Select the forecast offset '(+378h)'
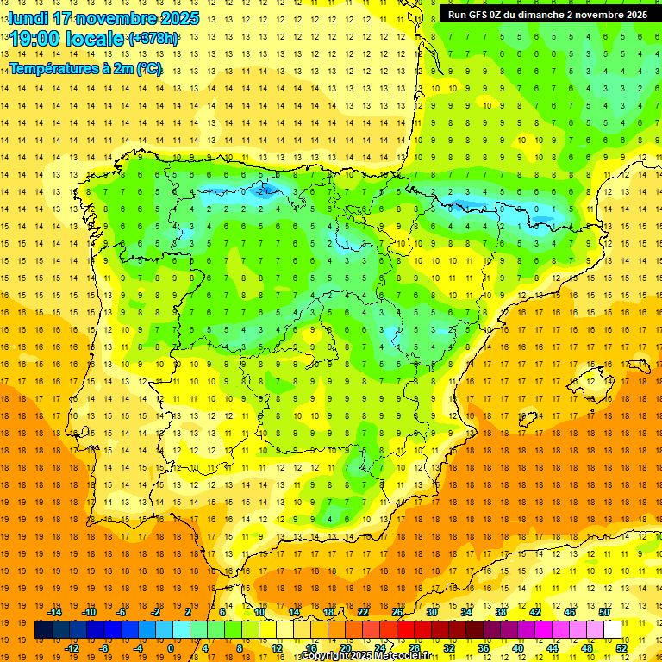pyautogui.click(x=153, y=40)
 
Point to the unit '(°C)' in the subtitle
pyautogui.click(x=148, y=67)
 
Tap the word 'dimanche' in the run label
pyautogui.click(x=543, y=15)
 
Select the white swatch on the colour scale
pyautogui.click(x=613, y=630)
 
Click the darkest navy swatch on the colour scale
pyautogui.click(x=43, y=630)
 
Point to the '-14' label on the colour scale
pyautogui.click(x=55, y=612)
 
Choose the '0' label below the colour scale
pyautogui.click(x=171, y=648)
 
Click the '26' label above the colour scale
pyautogui.click(x=397, y=612)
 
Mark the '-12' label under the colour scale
pyautogui.click(x=72, y=648)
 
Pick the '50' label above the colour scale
pyautogui.click(x=603, y=612)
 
